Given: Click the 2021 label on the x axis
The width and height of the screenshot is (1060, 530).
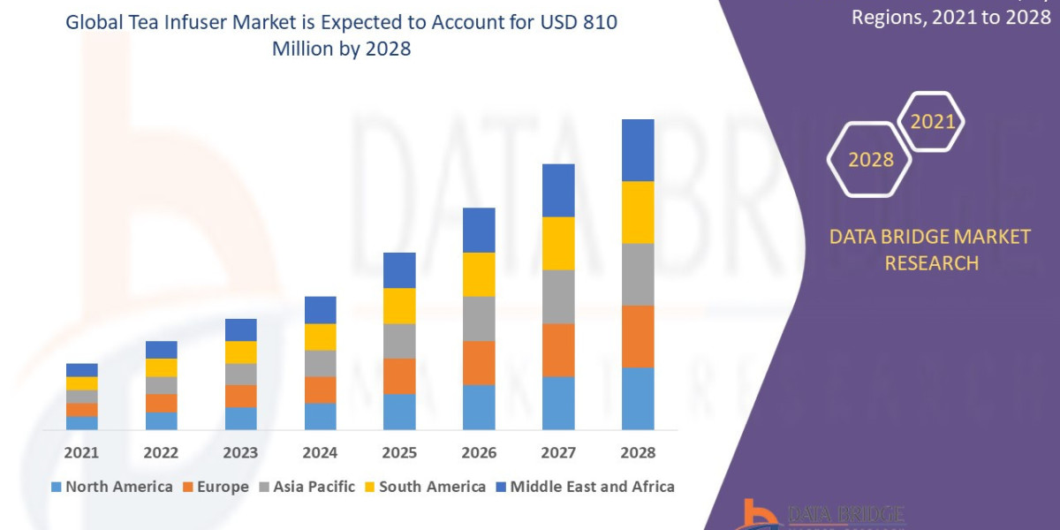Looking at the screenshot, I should click(x=81, y=452).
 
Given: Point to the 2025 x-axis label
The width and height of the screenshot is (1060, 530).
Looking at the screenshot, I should click(x=399, y=452).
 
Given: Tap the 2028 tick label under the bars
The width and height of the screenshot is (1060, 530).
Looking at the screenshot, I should click(x=638, y=452).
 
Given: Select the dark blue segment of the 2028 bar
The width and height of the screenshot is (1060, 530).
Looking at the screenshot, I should click(x=638, y=150).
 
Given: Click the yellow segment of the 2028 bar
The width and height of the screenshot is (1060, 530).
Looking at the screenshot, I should click(x=638, y=212).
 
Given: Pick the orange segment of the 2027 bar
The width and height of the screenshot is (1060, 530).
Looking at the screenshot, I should click(x=558, y=350).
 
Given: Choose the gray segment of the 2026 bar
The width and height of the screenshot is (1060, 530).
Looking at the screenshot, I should click(x=479, y=318).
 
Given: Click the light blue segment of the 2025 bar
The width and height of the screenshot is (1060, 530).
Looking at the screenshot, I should click(x=399, y=412).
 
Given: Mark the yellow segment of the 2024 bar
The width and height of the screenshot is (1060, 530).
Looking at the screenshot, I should click(x=320, y=337).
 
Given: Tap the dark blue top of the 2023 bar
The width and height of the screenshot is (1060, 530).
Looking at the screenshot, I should click(x=240, y=329).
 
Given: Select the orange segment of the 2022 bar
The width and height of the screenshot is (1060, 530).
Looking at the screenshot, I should click(x=161, y=403).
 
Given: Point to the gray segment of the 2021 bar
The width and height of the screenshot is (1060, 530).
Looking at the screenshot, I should click(x=81, y=397).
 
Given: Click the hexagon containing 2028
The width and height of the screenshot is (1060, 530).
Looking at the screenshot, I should click(x=870, y=159).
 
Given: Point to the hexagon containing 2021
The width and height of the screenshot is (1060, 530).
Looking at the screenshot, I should click(x=932, y=122).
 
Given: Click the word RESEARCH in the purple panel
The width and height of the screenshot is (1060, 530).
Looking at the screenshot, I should click(x=931, y=263).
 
